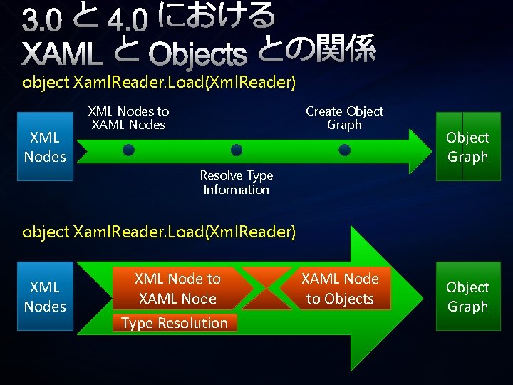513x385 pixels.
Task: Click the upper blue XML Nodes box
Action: coord(45,147)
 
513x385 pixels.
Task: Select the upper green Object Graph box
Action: coord(467,147)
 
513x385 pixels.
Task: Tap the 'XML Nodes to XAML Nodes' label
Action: coord(128,118)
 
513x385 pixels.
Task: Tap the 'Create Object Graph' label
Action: coord(344,118)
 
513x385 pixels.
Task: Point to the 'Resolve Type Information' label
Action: coord(236,183)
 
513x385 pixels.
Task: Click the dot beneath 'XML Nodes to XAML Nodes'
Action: coord(128,150)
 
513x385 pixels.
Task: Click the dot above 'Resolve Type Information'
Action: coord(237,150)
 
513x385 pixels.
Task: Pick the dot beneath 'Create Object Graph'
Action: coord(344,150)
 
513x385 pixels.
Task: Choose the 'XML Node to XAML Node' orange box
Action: coord(177,288)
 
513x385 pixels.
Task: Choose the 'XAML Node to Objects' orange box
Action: coord(340,288)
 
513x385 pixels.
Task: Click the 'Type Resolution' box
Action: coord(174,323)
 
